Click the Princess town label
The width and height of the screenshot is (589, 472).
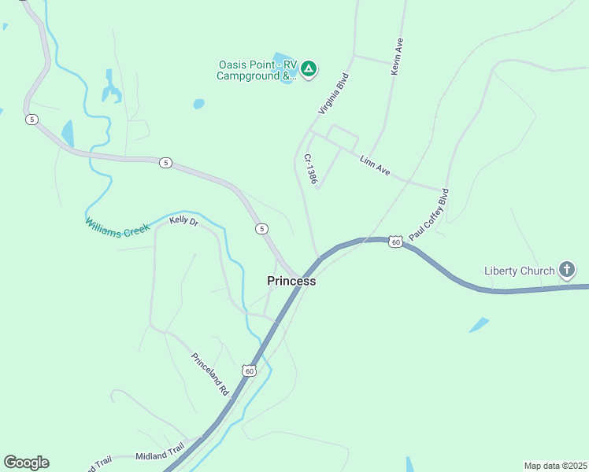coord(291,281)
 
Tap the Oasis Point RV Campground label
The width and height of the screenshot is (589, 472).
coord(257,71)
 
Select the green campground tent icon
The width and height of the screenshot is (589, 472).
coord(309,69)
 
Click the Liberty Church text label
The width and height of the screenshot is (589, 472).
coord(519,271)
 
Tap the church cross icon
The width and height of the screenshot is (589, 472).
coord(566,271)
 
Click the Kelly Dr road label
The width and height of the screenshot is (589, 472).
coord(183,222)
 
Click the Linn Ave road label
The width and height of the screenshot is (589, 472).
coord(375,164)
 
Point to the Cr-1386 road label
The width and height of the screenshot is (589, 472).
coord(311,169)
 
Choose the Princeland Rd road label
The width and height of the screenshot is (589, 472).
coord(209,373)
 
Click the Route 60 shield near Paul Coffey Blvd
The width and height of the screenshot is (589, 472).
coord(395,242)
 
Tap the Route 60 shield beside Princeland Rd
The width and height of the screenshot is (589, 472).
coord(249,370)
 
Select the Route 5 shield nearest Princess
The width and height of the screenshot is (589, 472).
coord(261,228)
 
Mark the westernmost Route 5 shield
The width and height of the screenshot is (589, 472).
coord(31,120)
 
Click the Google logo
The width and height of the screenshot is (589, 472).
coord(26,463)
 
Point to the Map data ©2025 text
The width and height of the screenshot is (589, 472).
coord(555,466)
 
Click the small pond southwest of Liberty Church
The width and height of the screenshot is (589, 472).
coord(479,325)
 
